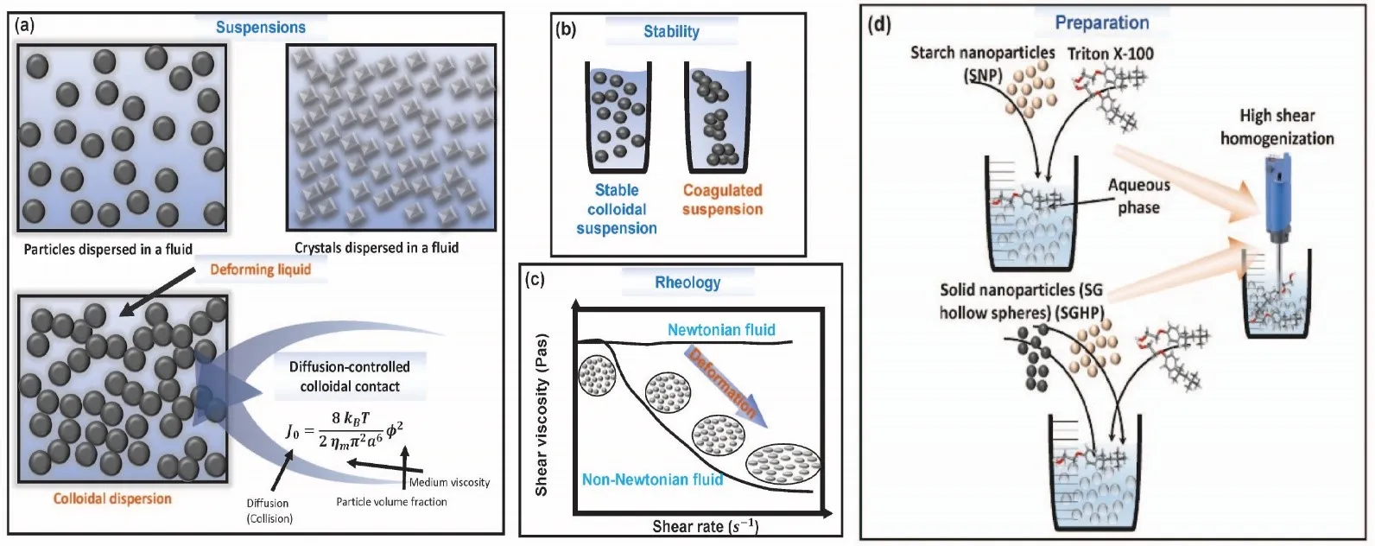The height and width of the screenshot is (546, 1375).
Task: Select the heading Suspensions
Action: (x=260, y=27)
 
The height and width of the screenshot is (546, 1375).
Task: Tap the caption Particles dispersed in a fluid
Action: (x=108, y=249)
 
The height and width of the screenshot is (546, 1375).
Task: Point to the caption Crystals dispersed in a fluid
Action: (x=377, y=248)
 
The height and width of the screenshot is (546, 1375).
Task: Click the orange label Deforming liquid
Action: (x=260, y=270)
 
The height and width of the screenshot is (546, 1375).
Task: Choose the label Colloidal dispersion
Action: (x=112, y=498)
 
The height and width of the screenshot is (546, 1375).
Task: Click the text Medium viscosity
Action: (x=449, y=482)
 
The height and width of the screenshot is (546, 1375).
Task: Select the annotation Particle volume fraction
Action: (x=391, y=501)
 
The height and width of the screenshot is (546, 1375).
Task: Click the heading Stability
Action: (x=671, y=31)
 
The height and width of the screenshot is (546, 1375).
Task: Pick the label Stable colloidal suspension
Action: (x=617, y=209)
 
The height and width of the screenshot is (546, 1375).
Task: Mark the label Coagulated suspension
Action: (x=723, y=200)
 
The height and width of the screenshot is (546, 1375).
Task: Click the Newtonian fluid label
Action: (x=721, y=329)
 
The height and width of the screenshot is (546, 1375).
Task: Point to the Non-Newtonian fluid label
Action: (x=652, y=479)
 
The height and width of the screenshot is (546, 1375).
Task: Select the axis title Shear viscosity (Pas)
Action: (x=542, y=416)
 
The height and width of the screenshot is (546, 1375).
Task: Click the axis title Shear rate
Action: (x=705, y=525)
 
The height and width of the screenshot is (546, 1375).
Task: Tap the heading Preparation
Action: (x=1101, y=22)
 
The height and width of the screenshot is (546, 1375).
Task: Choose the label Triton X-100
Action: (x=1110, y=54)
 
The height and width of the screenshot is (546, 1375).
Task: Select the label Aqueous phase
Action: (x=1138, y=196)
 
